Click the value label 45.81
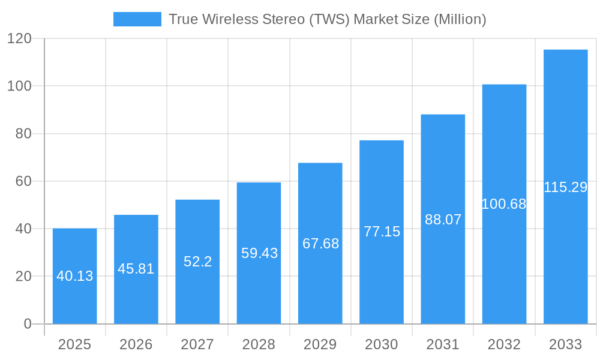pyautogui.click(x=136, y=269)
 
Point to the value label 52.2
pyautogui.click(x=197, y=262)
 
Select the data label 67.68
pyautogui.click(x=320, y=244)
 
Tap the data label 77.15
pyautogui.click(x=382, y=232)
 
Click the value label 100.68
pyautogui.click(x=504, y=204)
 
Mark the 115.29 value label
pyautogui.click(x=565, y=187)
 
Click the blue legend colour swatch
pyautogui.click(x=137, y=19)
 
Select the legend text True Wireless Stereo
pyautogui.click(x=327, y=19)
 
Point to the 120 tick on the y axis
pyautogui.click(x=19, y=39)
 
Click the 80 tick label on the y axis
pyautogui.click(x=23, y=134)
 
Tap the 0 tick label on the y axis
pyautogui.click(x=27, y=324)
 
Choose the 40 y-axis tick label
pyautogui.click(x=23, y=229)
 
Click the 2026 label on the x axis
pyautogui.click(x=136, y=344)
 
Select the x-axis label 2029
pyautogui.click(x=320, y=344)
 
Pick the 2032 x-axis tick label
pyautogui.click(x=504, y=344)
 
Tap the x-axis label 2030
pyautogui.click(x=382, y=344)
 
